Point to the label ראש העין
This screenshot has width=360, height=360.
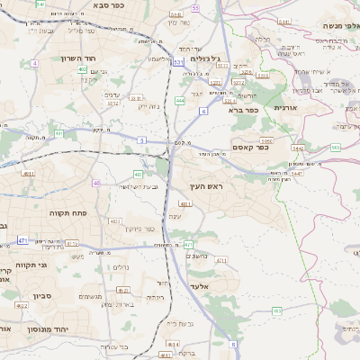205,185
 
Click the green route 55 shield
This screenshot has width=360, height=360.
195,7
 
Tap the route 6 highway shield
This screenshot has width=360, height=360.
203,111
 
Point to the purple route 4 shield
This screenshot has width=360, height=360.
34,63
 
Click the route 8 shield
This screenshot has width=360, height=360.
233,343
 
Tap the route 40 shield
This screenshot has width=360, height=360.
95,183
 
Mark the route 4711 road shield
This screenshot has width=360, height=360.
220,261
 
